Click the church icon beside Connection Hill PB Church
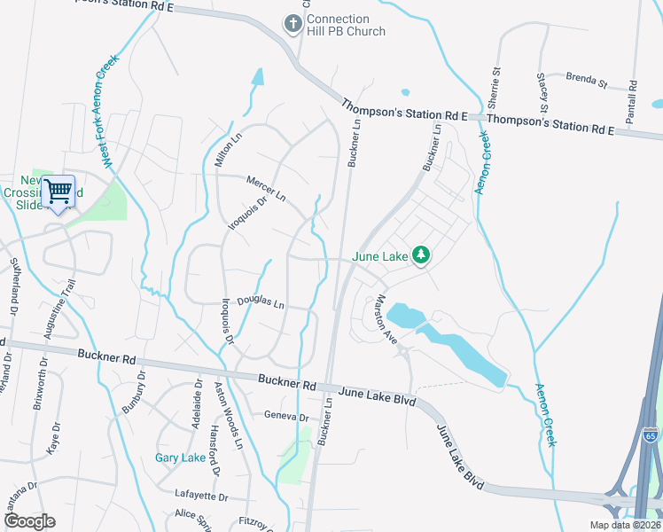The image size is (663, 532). (292, 25)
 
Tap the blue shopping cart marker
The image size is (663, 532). (58, 191)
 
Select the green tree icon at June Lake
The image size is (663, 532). (422, 256)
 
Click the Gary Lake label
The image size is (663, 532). (181, 458)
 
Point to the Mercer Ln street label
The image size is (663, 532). (267, 188)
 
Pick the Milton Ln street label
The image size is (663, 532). (228, 150)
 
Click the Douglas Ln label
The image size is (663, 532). (261, 303)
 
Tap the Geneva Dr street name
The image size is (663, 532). (285, 416)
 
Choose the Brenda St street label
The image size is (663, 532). (586, 82)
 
